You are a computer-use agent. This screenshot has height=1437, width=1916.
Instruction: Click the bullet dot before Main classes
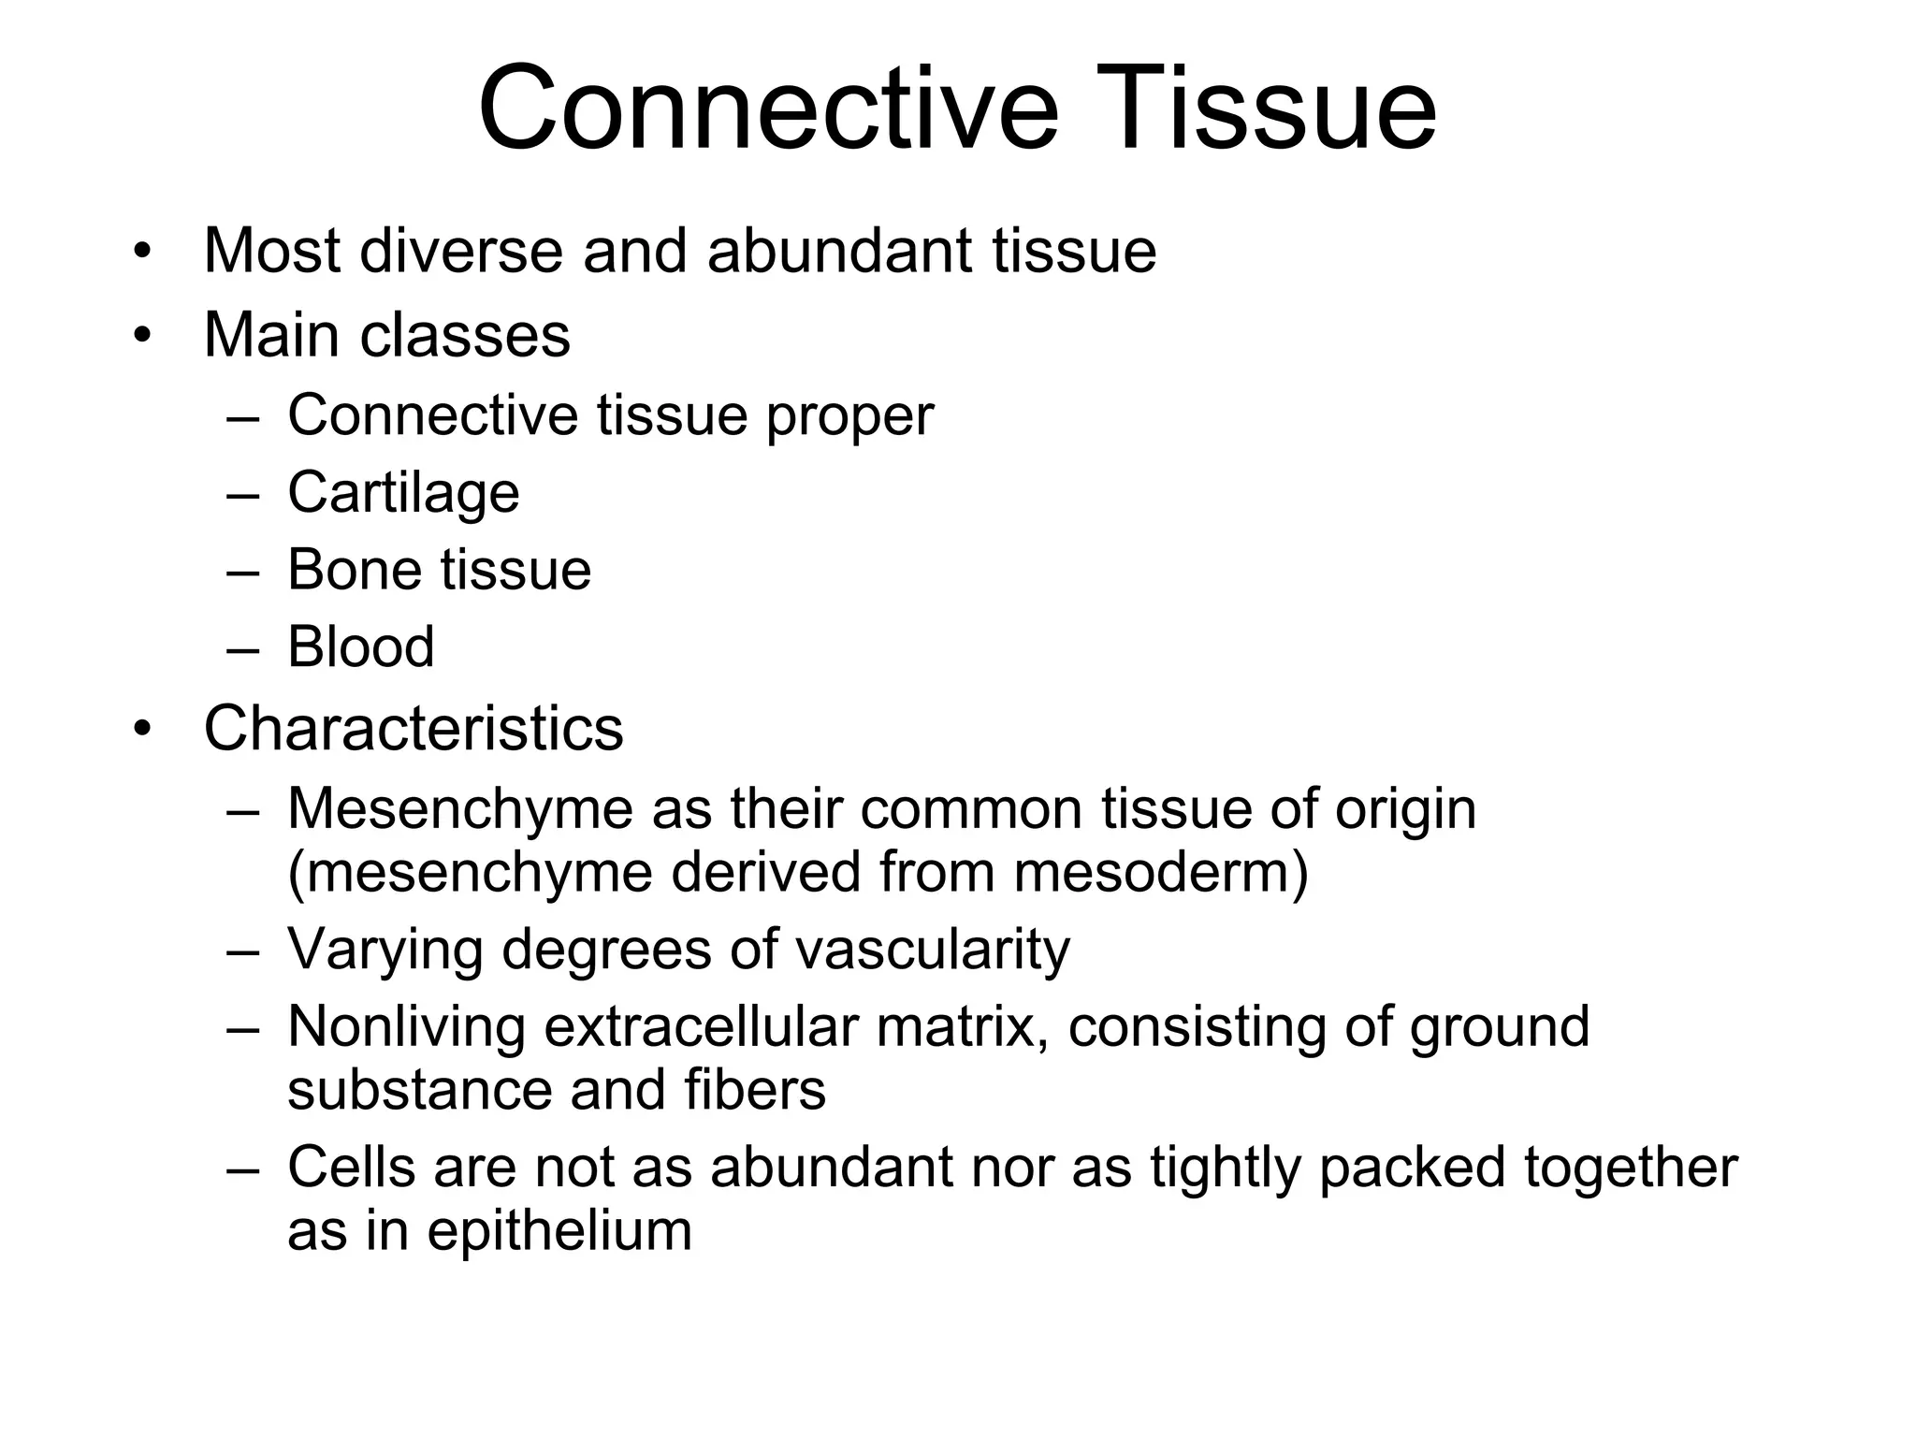(141, 334)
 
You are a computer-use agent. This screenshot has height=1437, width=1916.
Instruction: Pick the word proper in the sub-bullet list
(849, 416)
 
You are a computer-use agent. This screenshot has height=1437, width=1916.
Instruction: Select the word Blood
(361, 646)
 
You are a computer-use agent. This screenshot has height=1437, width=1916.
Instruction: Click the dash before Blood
(242, 647)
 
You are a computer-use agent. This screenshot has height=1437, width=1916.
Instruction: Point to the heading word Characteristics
(413, 728)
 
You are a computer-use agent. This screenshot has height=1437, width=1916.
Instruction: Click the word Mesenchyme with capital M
(460, 808)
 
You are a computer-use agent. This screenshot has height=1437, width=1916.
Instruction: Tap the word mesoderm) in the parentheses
(1161, 872)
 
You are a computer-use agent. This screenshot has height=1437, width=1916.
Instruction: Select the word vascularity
(933, 950)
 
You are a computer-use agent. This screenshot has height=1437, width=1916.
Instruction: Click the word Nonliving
(407, 1026)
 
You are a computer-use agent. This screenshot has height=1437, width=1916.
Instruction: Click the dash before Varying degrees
(242, 951)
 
